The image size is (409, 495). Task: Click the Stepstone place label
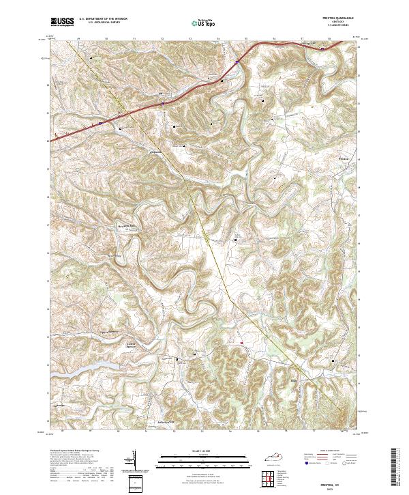click(157, 152)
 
